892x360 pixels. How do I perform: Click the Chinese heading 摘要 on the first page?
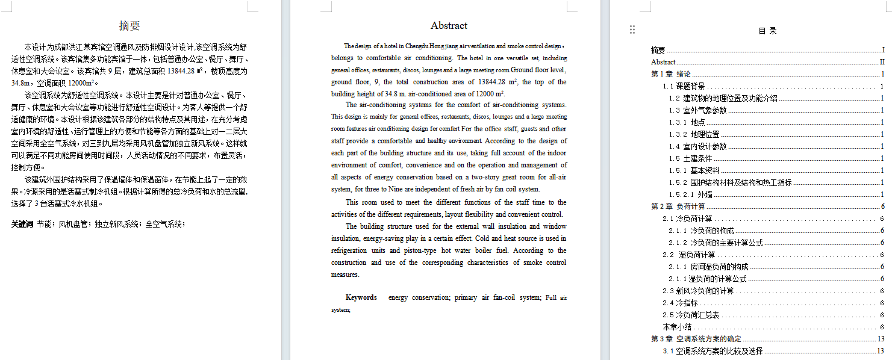(129, 26)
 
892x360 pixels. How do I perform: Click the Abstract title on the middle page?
(449, 26)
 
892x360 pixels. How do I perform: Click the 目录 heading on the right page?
(767, 31)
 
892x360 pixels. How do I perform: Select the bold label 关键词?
(22, 224)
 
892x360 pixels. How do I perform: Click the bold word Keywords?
(361, 297)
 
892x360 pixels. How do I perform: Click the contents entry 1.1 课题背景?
(684, 86)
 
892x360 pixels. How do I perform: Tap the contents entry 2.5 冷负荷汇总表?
(691, 315)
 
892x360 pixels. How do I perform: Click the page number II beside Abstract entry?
(882, 62)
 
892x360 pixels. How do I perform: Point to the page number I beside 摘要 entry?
(883, 50)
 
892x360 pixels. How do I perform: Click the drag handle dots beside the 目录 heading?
(632, 29)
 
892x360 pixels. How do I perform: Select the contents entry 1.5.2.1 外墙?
(690, 194)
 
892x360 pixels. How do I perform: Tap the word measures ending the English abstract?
(345, 275)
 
